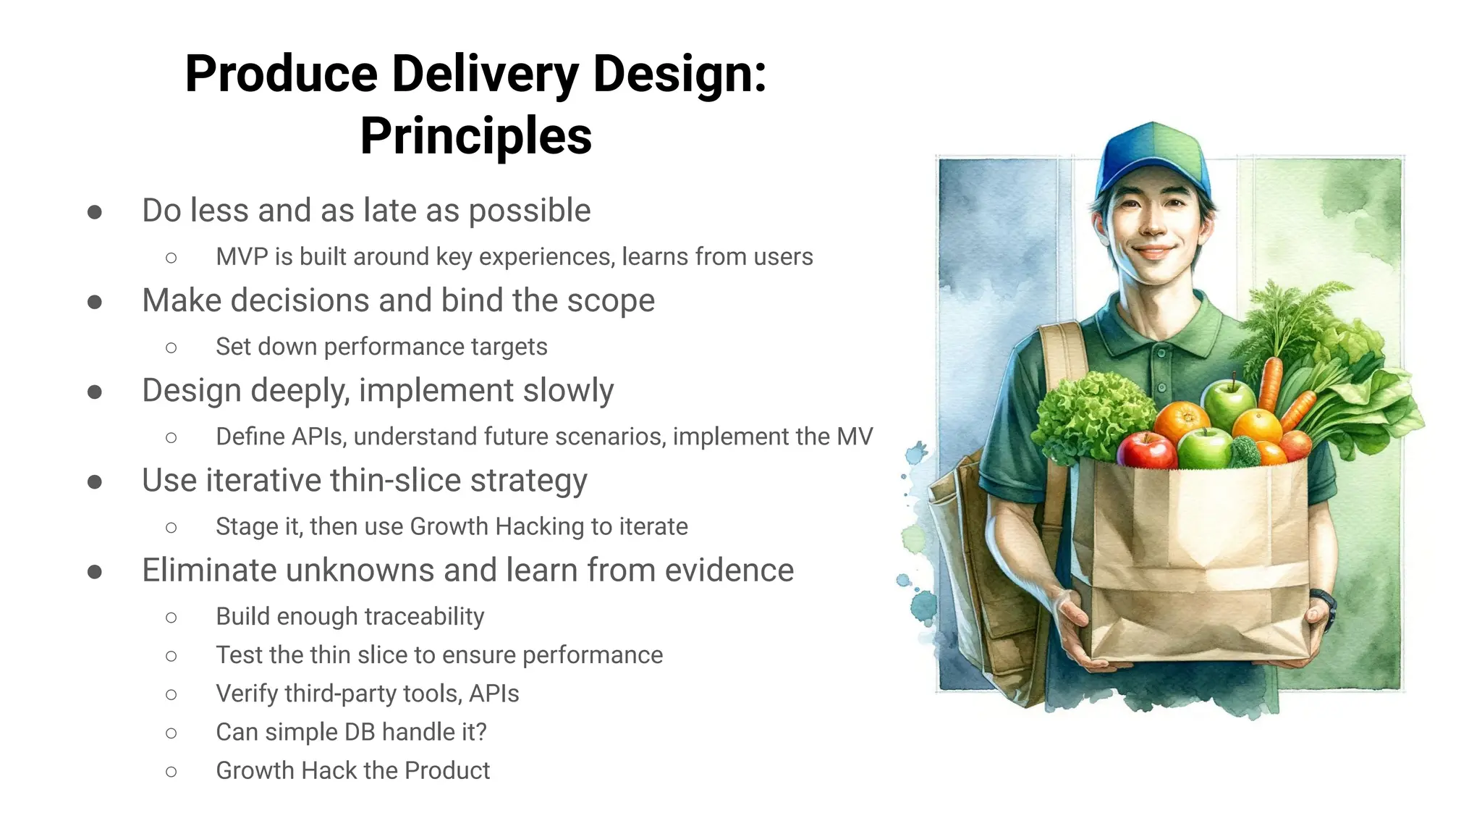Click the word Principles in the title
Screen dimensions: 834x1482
point(475,136)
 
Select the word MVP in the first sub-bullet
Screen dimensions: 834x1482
point(242,257)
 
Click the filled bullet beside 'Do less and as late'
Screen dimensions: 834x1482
point(95,212)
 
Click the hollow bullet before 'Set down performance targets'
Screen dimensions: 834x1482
point(171,348)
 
